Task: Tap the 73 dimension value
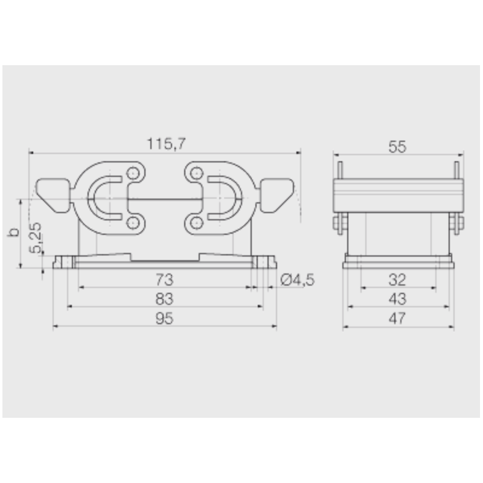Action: [x=164, y=280]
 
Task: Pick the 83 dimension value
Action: [x=164, y=299]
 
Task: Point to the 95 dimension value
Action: [x=164, y=318]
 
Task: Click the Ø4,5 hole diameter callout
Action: [x=298, y=280]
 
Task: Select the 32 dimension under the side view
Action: [x=397, y=280]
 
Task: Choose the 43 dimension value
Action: [x=397, y=299]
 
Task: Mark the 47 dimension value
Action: [x=397, y=318]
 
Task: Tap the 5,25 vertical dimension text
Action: [x=37, y=237]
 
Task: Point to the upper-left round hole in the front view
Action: [x=133, y=175]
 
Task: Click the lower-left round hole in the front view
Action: [x=133, y=224]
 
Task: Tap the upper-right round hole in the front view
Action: [x=195, y=175]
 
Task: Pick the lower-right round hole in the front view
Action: [x=195, y=224]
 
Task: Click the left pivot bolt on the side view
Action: [x=337, y=223]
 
